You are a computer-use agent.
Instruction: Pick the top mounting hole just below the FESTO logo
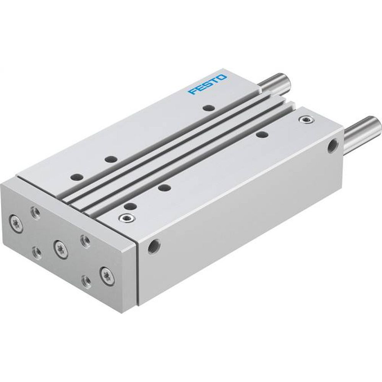pos(209,108)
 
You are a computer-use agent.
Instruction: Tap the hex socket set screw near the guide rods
pos(305,121)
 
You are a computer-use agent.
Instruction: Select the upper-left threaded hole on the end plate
pos(36,212)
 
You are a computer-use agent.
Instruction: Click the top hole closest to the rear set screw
pos(262,134)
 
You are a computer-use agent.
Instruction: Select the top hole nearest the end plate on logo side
pos(76,177)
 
